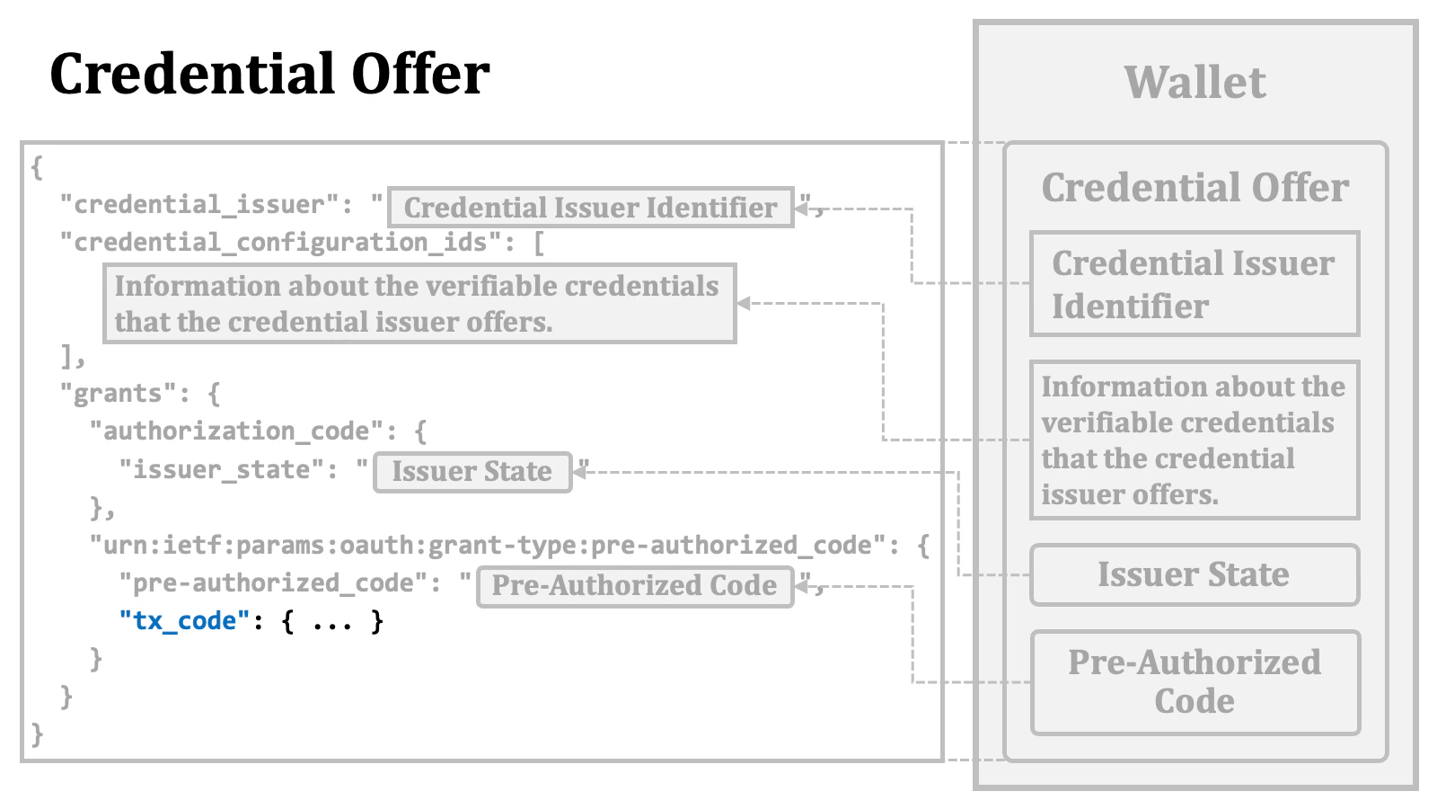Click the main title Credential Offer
pyautogui.click(x=269, y=74)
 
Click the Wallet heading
pyautogui.click(x=1195, y=83)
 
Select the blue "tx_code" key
pyautogui.click(x=184, y=621)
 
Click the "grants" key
pyautogui.click(x=119, y=394)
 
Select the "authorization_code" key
pyautogui.click(x=236, y=431)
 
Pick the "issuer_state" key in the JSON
pyautogui.click(x=222, y=470)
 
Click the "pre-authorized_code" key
pyautogui.click(x=273, y=583)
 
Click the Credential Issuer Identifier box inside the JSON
pyautogui.click(x=590, y=208)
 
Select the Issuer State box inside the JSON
pyautogui.click(x=472, y=472)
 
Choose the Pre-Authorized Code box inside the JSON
pyautogui.click(x=634, y=586)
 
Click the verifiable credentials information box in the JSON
pyautogui.click(x=419, y=304)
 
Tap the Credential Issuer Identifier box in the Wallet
pyautogui.click(x=1194, y=284)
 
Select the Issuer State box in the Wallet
pyautogui.click(x=1194, y=574)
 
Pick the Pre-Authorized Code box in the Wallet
pyautogui.click(x=1195, y=682)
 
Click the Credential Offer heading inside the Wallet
pyautogui.click(x=1195, y=188)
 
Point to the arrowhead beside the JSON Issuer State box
pyautogui.click(x=580, y=471)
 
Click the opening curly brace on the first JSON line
pyautogui.click(x=36, y=168)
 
